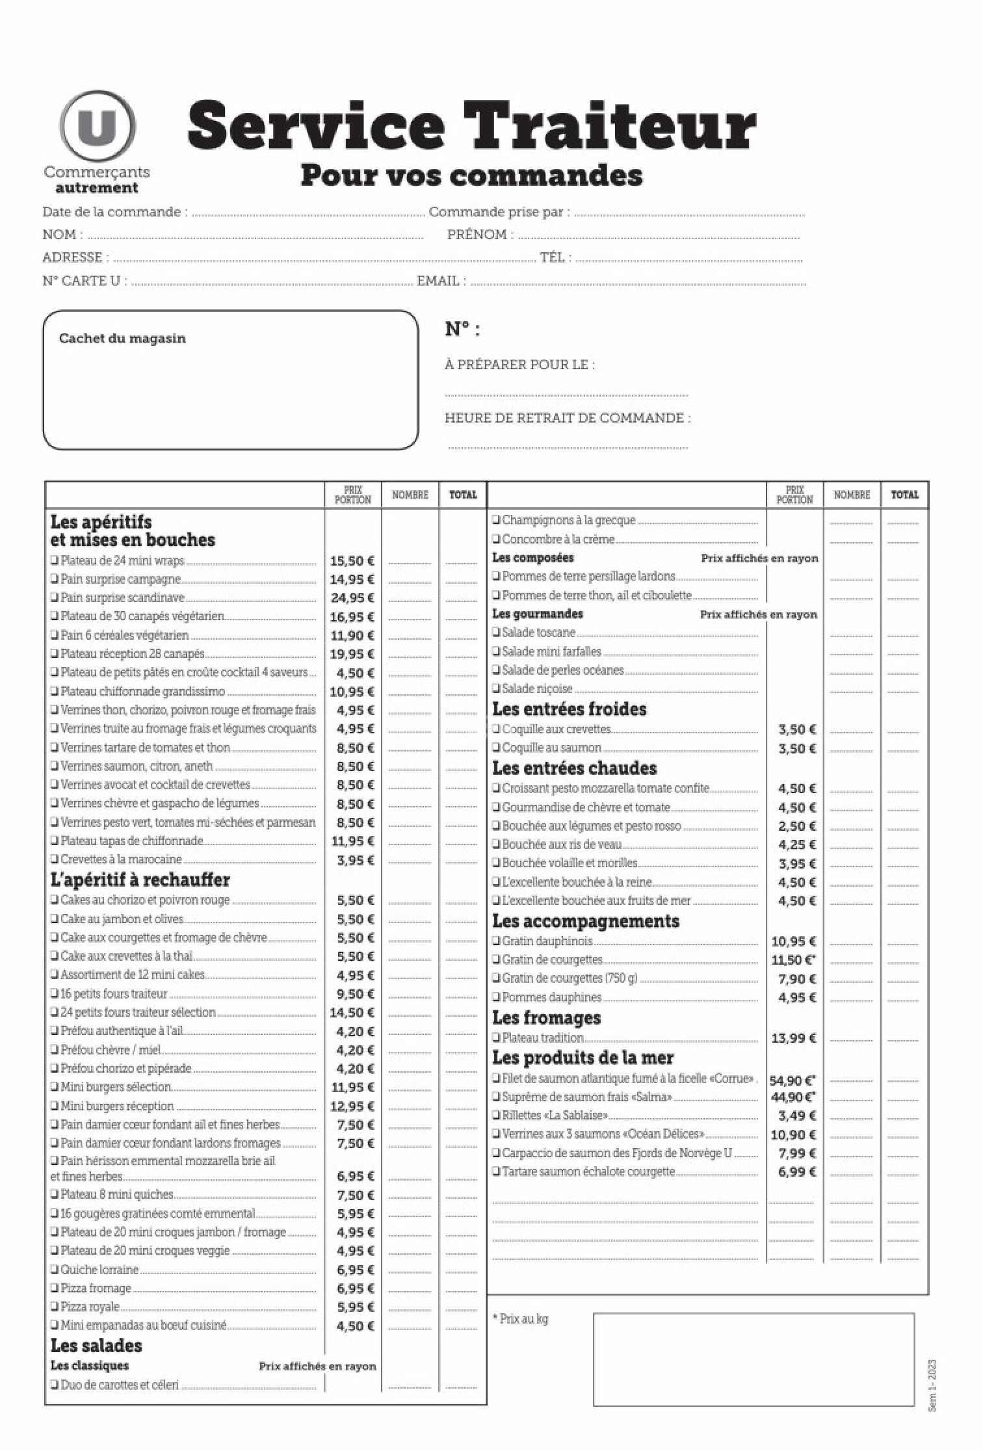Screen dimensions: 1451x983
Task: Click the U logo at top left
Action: tap(98, 125)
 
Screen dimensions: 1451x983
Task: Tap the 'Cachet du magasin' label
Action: tap(122, 339)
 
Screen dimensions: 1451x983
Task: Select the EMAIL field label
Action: tap(438, 281)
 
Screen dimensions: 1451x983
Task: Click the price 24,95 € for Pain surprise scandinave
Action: tap(352, 598)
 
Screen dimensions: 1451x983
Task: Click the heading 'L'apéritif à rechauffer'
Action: tap(140, 880)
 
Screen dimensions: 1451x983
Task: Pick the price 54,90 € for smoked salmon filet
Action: tap(793, 1080)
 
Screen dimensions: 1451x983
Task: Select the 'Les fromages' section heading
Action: tap(546, 1017)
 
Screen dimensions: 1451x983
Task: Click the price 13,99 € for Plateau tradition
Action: tap(794, 1038)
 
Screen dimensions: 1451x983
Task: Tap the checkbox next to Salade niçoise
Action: tap(497, 688)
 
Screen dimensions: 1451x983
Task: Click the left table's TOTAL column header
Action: tap(463, 495)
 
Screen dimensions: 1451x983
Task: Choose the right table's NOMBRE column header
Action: tap(852, 495)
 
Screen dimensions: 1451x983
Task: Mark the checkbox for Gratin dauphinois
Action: tap(497, 941)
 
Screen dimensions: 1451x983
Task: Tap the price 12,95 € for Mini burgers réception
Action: tap(352, 1106)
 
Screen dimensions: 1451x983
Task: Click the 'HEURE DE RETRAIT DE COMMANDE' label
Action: tap(567, 418)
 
